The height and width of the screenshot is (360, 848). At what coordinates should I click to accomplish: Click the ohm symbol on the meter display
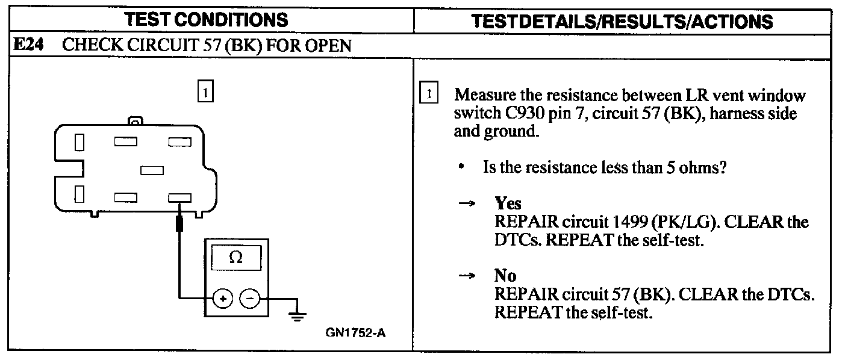(x=236, y=258)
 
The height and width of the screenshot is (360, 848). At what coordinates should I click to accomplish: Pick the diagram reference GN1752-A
(x=355, y=332)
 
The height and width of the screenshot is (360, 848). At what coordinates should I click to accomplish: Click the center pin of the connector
(x=151, y=170)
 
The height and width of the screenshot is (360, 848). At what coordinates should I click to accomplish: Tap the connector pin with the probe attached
(x=179, y=197)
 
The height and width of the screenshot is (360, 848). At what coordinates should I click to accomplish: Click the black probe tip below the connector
(x=179, y=224)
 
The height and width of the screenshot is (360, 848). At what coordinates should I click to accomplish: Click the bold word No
(x=505, y=276)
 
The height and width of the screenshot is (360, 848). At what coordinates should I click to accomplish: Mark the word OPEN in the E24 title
(x=330, y=46)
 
